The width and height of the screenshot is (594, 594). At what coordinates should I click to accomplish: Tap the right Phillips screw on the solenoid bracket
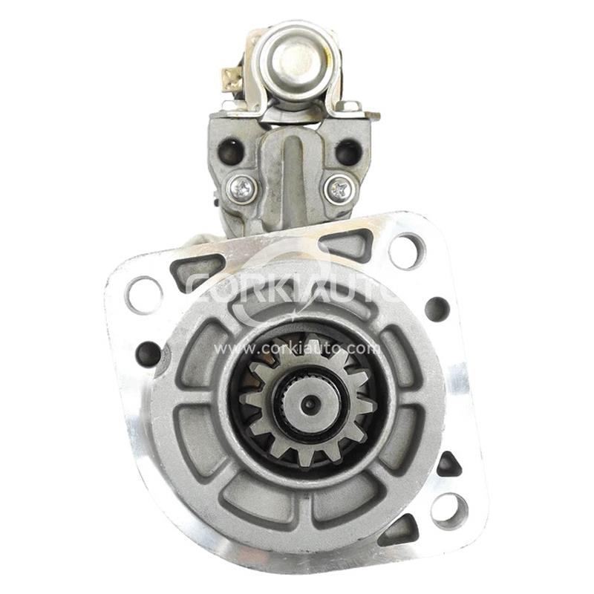coord(340,189)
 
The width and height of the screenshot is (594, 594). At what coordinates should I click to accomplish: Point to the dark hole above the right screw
coord(348,151)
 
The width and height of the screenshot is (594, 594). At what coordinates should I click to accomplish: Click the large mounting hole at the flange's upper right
coord(407,250)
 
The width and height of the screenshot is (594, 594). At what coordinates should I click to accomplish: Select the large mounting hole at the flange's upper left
coord(144,294)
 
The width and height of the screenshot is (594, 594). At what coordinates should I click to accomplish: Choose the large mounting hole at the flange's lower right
coord(449,511)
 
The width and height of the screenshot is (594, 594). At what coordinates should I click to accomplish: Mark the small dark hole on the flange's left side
coord(148,353)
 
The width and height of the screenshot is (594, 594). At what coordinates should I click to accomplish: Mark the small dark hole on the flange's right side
coord(437,309)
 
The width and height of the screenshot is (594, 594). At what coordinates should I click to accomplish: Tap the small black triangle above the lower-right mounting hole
coord(448,466)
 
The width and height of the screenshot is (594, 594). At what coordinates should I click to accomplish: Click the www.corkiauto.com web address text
coord(297,347)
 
